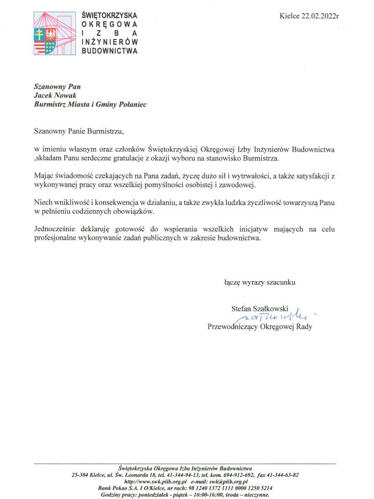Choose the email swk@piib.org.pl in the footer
230,482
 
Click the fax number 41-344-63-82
281,475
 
